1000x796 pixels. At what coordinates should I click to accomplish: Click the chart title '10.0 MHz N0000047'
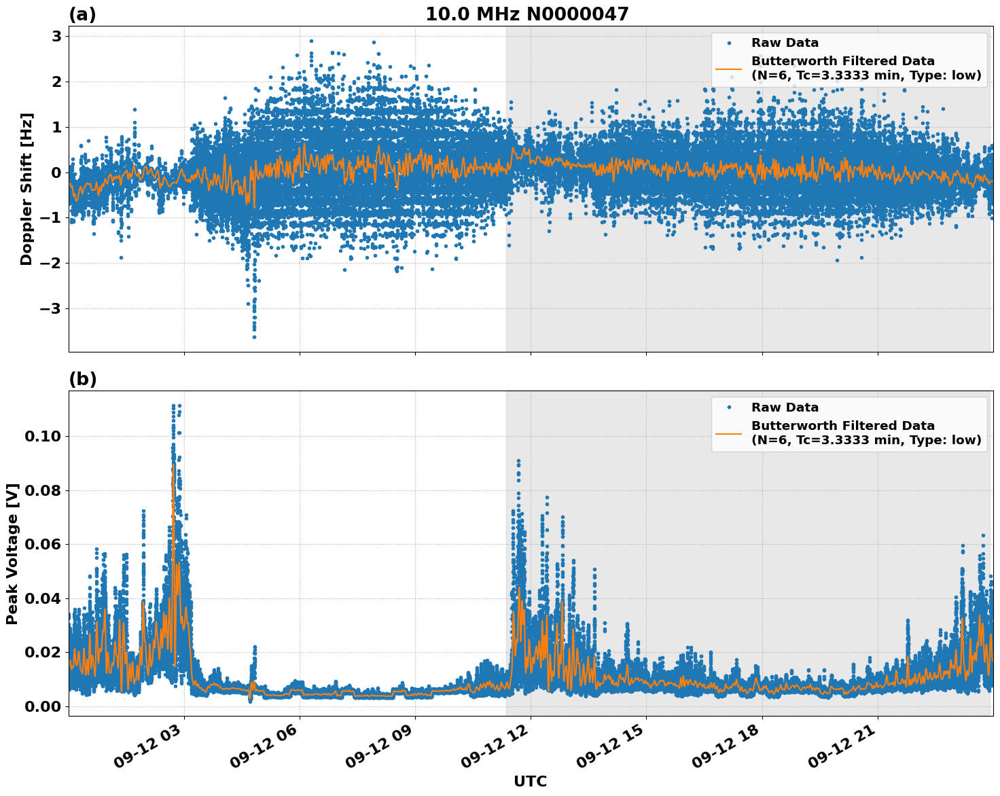(526, 14)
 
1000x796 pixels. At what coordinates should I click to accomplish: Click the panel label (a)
(82, 14)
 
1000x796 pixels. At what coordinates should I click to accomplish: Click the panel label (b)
(82, 379)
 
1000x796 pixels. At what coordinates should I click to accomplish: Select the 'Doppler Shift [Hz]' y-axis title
(26, 189)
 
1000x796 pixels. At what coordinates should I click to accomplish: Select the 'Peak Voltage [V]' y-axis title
(12, 554)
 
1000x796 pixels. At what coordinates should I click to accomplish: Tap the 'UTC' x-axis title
(530, 781)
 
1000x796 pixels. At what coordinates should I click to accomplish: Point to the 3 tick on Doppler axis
(57, 36)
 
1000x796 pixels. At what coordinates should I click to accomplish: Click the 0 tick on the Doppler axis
(57, 173)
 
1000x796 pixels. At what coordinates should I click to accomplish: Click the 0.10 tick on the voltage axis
(43, 436)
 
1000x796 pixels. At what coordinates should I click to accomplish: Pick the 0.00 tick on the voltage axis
(43, 706)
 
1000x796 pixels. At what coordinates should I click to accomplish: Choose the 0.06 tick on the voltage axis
(43, 544)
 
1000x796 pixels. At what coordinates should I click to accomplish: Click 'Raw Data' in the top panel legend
(785, 43)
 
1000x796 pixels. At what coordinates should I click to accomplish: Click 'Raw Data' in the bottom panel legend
(785, 408)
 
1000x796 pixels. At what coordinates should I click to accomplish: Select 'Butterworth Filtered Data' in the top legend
(842, 61)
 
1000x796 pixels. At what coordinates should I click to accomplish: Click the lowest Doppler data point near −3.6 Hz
(254, 337)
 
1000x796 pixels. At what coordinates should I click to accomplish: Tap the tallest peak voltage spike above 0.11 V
(174, 406)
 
